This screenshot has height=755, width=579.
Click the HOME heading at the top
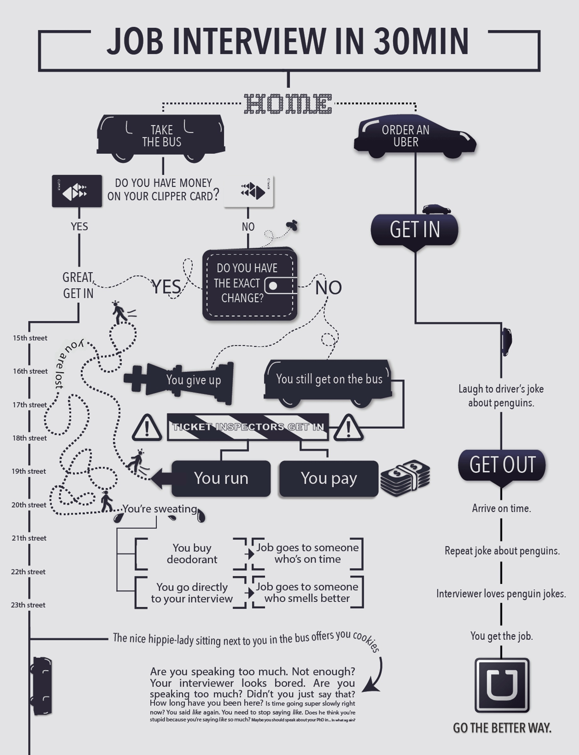click(288, 103)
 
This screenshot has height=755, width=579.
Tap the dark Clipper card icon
click(77, 191)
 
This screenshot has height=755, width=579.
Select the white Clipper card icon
click(249, 191)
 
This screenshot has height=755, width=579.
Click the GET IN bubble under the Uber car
click(415, 230)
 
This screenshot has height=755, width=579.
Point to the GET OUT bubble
click(502, 465)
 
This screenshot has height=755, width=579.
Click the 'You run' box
click(221, 478)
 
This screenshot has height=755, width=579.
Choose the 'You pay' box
click(328, 478)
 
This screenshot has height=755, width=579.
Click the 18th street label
click(30, 438)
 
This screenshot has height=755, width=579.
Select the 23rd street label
click(28, 605)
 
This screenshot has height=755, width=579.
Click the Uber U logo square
click(502, 685)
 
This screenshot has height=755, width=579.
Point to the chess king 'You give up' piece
click(179, 383)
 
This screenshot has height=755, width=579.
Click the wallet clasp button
click(273, 286)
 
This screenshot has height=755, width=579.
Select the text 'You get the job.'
click(501, 636)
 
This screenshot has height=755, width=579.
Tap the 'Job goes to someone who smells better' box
click(307, 592)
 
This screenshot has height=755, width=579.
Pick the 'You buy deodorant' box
click(192, 553)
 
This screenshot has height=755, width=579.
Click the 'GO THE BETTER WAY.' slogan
click(502, 728)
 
